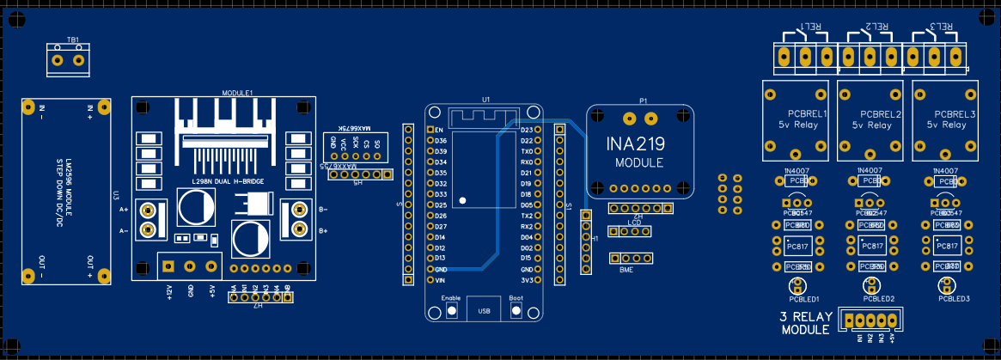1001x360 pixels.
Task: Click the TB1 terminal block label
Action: click(x=73, y=40)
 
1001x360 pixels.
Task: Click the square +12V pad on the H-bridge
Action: click(x=169, y=266)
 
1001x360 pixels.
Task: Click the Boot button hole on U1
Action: click(x=516, y=308)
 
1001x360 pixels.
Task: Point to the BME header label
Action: click(x=626, y=270)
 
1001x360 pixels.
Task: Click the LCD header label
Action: click(x=634, y=223)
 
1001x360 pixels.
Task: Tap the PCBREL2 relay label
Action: click(x=881, y=114)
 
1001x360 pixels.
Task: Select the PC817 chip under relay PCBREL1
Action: click(x=798, y=247)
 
